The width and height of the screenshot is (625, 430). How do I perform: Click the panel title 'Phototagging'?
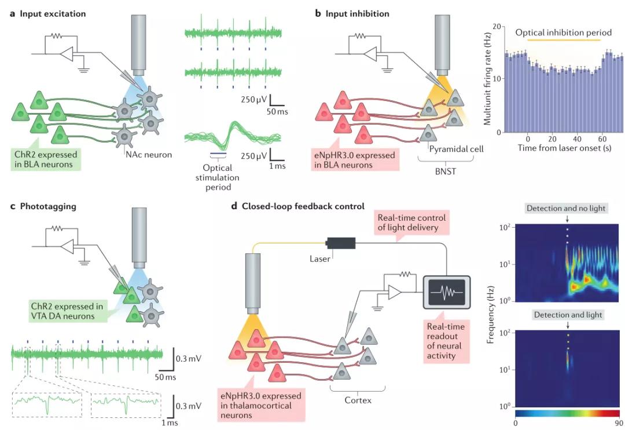click(x=45, y=206)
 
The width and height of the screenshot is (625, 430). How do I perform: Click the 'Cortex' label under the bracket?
click(x=359, y=399)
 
